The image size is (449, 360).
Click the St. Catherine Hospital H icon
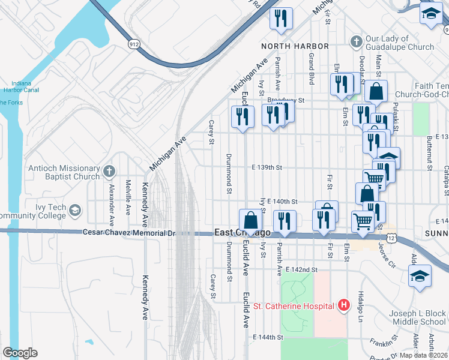pos(344,306)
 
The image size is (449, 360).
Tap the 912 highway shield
pos(134,44)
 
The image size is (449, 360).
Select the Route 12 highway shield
pos(392,238)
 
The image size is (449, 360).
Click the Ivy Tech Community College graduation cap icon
pos(75,211)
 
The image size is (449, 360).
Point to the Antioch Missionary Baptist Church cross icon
pos(109,172)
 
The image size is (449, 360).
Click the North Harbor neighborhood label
pos(295,46)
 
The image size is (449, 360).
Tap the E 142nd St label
pos(301,270)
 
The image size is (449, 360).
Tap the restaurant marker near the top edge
pos(279,19)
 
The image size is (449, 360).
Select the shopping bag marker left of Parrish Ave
pos(250,220)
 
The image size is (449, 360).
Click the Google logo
pos(20,353)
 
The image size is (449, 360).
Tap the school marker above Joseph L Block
pos(419,276)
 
